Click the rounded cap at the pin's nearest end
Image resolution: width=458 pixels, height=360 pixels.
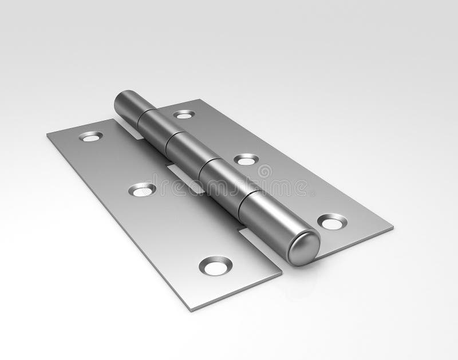pyautogui.click(x=303, y=247)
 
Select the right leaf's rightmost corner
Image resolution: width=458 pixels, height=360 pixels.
pyautogui.click(x=393, y=228)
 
